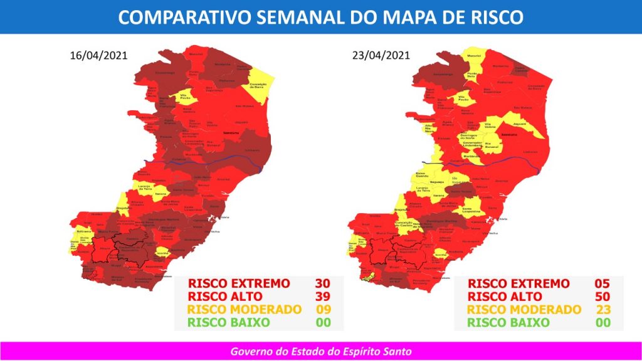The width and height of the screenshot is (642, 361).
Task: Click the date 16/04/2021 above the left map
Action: pyautogui.click(x=98, y=55)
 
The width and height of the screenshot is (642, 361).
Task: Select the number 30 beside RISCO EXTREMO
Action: pyautogui.click(x=323, y=283)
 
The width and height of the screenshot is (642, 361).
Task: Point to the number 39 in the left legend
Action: pyautogui.click(x=323, y=296)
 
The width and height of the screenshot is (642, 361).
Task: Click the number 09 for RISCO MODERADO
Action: pyautogui.click(x=323, y=310)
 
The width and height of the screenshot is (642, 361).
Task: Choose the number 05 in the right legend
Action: pyautogui.click(x=602, y=283)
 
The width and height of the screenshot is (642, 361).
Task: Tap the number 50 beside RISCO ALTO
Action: pyautogui.click(x=602, y=296)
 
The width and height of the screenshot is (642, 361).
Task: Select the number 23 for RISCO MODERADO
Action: pyautogui.click(x=602, y=310)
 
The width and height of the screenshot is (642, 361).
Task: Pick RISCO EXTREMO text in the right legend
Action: pyautogui.click(x=518, y=283)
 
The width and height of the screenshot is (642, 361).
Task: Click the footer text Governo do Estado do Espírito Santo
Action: pyautogui.click(x=320, y=351)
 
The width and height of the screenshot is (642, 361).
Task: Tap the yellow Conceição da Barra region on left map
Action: pyautogui.click(x=260, y=85)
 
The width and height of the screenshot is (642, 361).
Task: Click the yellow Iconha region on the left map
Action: pyautogui.click(x=162, y=252)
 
